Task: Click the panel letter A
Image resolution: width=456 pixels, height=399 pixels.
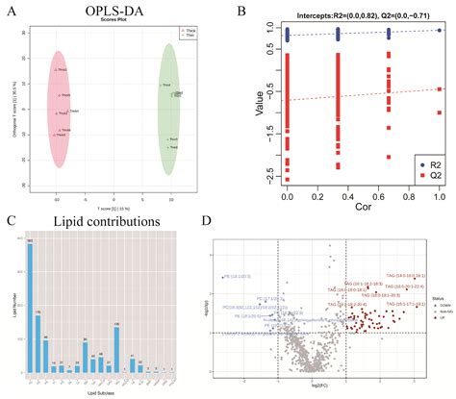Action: click(x=11, y=12)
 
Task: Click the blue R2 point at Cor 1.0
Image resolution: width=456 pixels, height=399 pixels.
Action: click(x=439, y=31)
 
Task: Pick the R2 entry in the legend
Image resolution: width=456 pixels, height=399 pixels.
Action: click(x=420, y=164)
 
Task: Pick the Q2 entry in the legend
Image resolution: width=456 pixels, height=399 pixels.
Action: click(x=420, y=178)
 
